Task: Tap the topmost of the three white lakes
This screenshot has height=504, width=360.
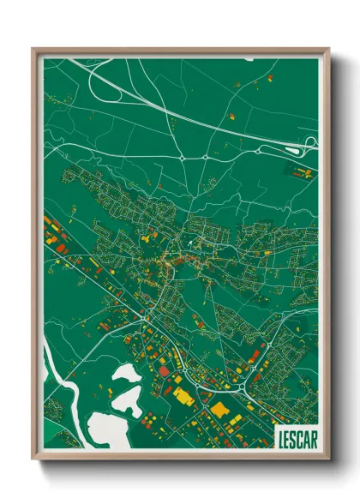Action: click(126, 374)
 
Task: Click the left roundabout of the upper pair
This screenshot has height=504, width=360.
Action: click(183, 159)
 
